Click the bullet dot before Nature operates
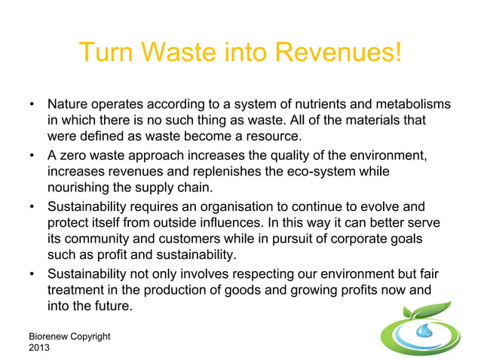(32, 103)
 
